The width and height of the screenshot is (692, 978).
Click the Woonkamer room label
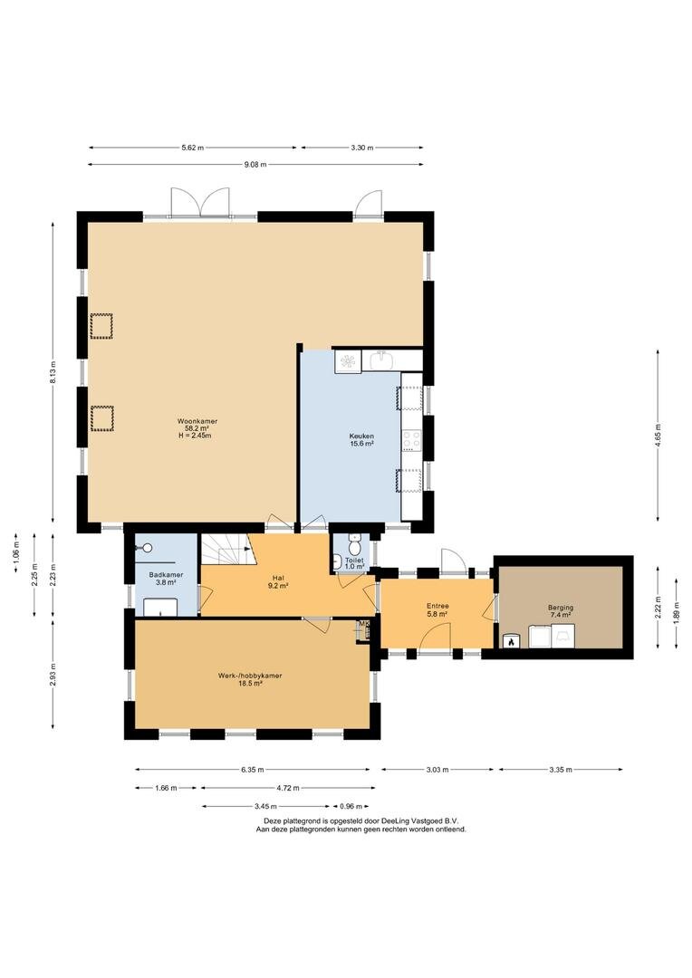(x=197, y=422)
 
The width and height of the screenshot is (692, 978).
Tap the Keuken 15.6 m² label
(x=361, y=440)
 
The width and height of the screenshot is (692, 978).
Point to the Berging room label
(x=561, y=611)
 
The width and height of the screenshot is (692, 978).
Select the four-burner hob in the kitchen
(x=411, y=440)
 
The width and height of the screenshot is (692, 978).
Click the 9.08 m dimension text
(x=255, y=165)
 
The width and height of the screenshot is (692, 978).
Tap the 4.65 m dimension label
(x=658, y=435)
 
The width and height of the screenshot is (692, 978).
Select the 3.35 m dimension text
(x=561, y=770)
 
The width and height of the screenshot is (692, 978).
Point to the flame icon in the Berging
(x=511, y=640)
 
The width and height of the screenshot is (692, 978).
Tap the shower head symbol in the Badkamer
(x=148, y=548)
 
